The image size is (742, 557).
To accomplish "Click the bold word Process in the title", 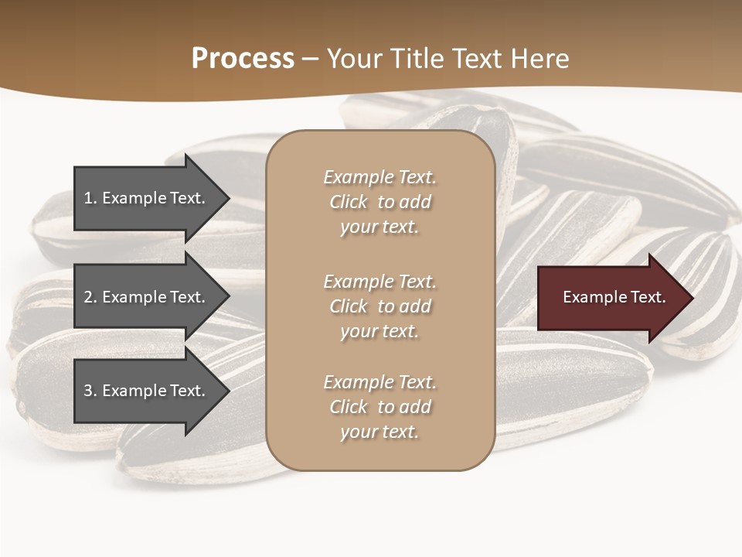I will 243,59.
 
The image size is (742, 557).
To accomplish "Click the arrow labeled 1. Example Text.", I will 147,198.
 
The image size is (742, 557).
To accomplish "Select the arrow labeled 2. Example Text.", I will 147,297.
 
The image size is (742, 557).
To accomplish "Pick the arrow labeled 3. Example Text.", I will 147,391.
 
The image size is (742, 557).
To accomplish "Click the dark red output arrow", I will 611,298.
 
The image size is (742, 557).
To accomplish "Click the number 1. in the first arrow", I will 90,198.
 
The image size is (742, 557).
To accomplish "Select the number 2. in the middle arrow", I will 90,297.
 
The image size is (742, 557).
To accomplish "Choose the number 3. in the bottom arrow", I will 90,391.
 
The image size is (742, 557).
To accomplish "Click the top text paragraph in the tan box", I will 380,202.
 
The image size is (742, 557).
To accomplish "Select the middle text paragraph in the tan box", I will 380,306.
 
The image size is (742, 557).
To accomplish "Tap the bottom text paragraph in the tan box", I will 380,407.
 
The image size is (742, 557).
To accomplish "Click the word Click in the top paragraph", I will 349,202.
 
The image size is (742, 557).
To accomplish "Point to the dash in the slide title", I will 310,59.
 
